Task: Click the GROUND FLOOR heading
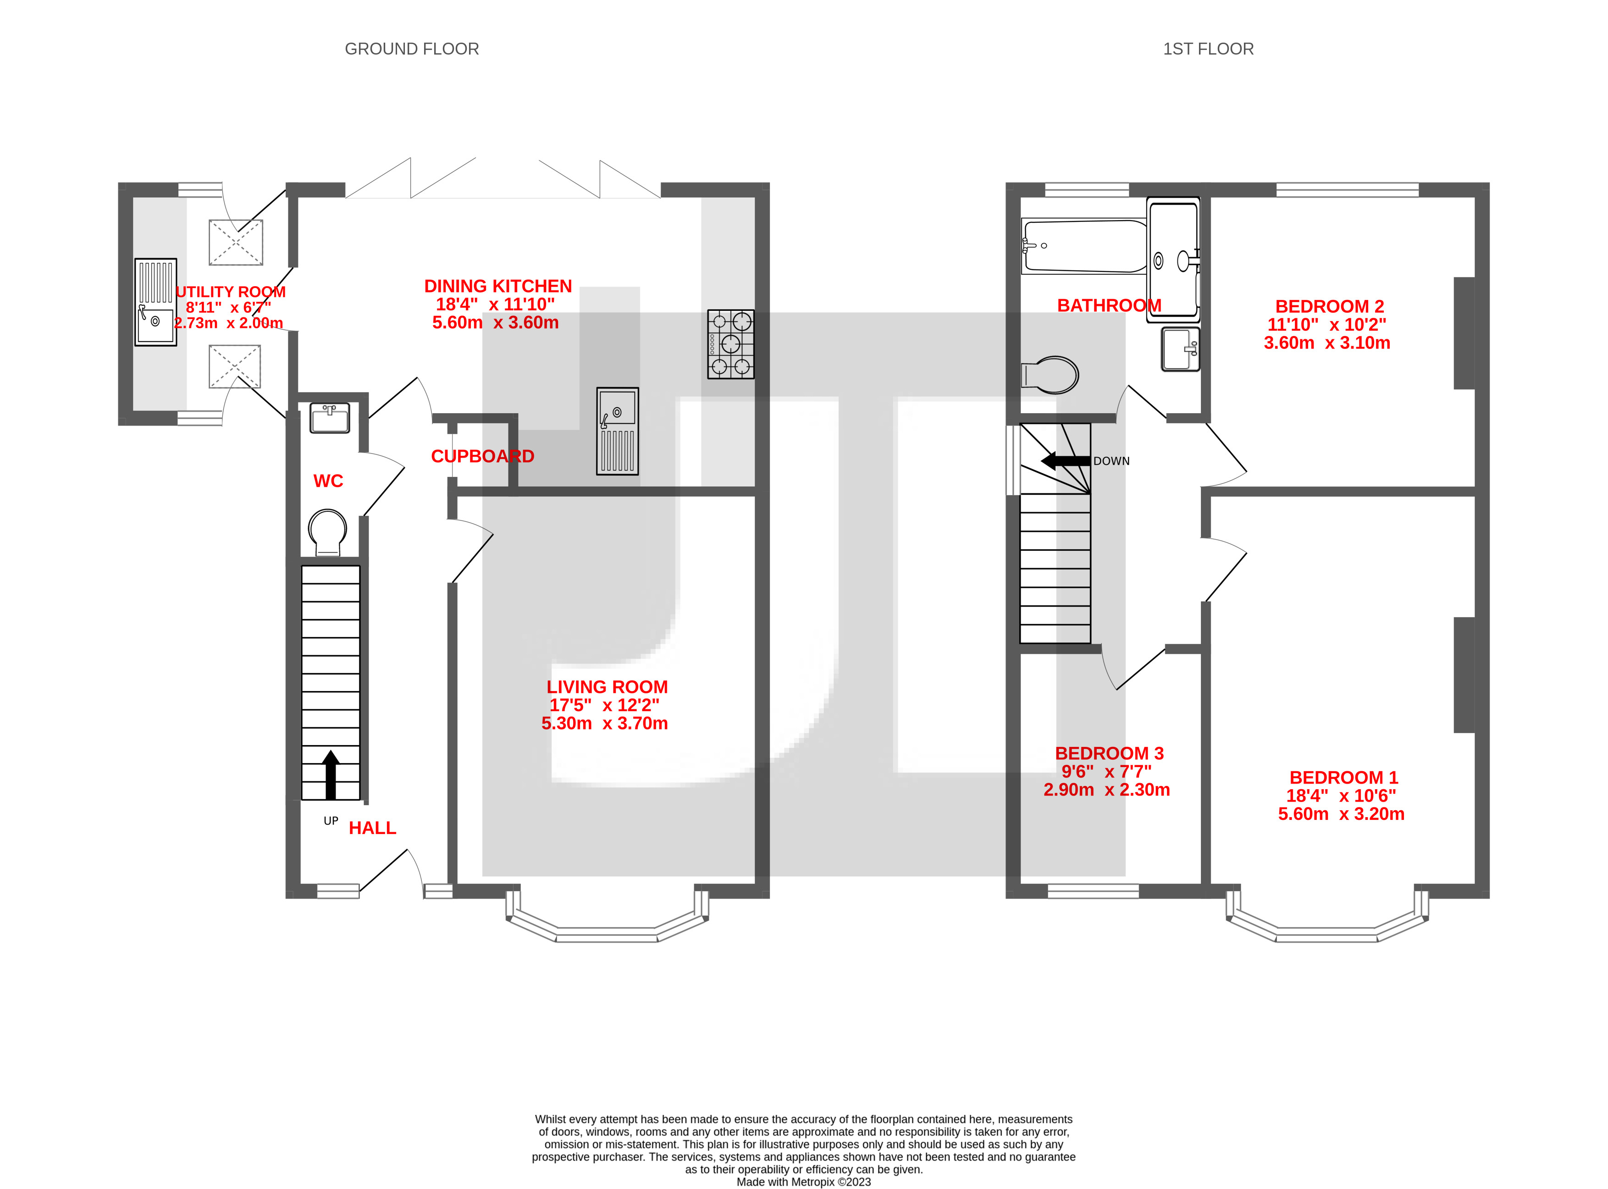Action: coord(412,49)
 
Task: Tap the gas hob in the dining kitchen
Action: coord(730,344)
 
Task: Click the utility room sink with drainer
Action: coord(155,302)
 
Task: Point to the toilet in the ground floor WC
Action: coord(327,531)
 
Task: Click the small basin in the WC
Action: coord(330,417)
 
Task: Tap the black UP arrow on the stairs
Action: coord(331,774)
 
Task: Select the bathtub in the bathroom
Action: coord(1084,246)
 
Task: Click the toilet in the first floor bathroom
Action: coord(1051,374)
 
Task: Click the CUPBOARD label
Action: coord(482,456)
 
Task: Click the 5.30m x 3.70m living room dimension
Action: coord(605,723)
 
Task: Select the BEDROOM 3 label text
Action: coord(1109,753)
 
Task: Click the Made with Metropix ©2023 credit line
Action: coord(803,1182)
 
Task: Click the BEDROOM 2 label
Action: coord(1329,307)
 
